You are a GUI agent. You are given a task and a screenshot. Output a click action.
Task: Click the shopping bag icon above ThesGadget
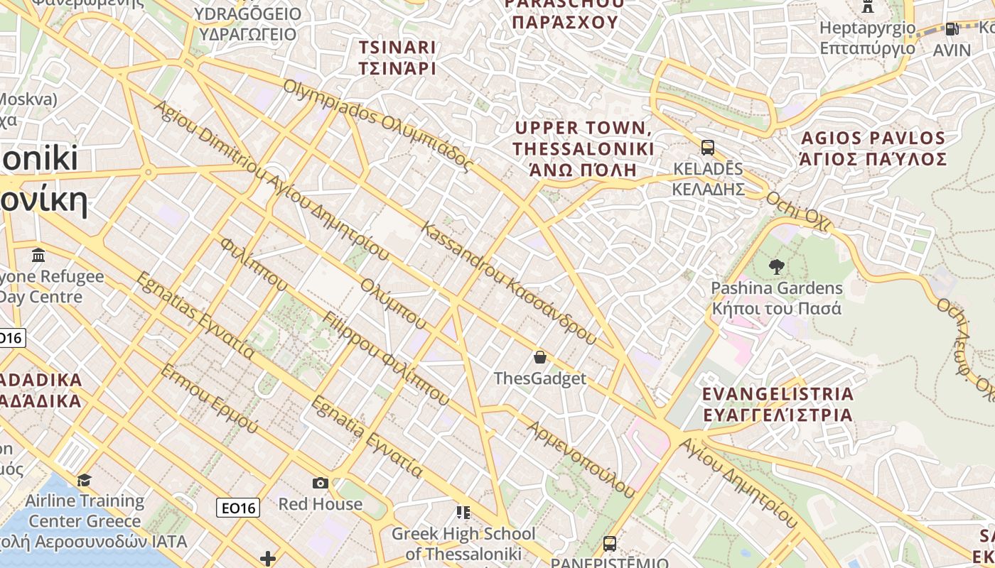[540, 356]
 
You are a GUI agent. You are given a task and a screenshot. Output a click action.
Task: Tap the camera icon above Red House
[321, 483]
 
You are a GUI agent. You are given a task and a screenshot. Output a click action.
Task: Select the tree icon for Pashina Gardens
[776, 267]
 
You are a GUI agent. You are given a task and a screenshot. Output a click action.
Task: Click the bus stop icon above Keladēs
[707, 148]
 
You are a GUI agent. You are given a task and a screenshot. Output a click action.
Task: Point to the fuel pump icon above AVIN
[952, 29]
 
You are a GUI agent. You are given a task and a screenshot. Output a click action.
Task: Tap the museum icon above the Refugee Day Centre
[38, 255]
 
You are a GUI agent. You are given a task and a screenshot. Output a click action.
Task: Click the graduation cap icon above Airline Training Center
[84, 480]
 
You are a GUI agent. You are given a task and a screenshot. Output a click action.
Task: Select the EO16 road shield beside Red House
[238, 507]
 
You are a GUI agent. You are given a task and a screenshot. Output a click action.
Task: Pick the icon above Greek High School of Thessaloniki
[463, 512]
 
